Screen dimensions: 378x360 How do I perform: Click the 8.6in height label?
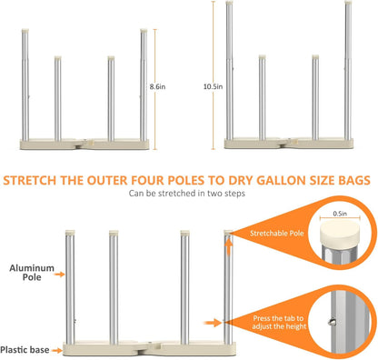[157, 86]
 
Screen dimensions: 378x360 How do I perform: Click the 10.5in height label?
[213, 86]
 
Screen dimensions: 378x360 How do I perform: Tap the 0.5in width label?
[340, 214]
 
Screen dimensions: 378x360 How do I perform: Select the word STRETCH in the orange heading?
[30, 180]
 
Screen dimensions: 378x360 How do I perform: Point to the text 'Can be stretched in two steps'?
[187, 194]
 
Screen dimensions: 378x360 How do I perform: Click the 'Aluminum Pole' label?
[32, 273]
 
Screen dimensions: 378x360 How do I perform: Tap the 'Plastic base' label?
[25, 350]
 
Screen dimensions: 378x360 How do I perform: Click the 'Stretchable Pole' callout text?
[277, 234]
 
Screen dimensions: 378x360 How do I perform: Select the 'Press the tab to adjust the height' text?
[279, 323]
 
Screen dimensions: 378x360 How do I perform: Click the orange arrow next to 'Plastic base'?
[57, 350]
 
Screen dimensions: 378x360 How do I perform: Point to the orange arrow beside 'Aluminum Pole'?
[60, 275]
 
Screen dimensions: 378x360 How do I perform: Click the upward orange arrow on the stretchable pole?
[229, 246]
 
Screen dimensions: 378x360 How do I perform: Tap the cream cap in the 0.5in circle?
[340, 232]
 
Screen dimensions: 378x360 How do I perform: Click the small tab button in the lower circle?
[333, 322]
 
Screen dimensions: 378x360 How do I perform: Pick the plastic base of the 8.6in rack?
[85, 144]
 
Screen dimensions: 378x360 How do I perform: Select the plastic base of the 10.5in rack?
[289, 144]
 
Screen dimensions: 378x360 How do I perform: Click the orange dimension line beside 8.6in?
[155, 89]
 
